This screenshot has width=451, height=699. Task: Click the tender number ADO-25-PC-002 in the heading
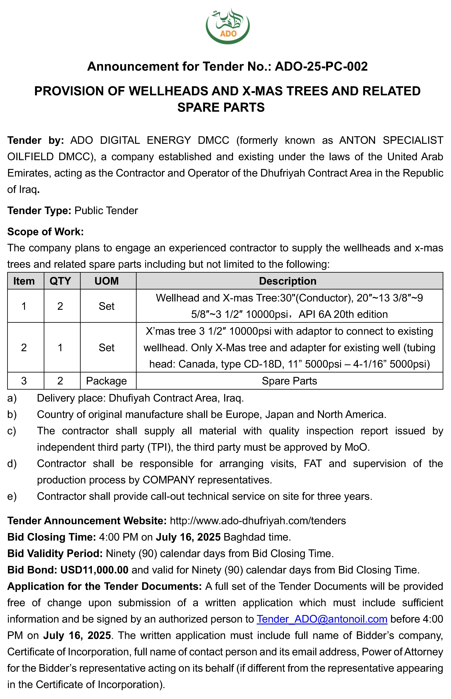click(321, 66)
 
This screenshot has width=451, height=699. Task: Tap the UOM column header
click(107, 281)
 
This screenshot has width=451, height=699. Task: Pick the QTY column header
click(60, 281)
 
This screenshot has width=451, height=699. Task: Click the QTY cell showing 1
click(60, 348)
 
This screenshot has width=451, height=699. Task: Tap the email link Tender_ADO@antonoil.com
click(322, 619)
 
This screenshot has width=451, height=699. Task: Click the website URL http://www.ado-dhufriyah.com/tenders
click(258, 521)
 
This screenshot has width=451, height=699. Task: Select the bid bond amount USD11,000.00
click(94, 570)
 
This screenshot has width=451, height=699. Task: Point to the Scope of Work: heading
click(45, 232)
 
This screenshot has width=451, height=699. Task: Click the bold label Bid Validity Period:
click(55, 554)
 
